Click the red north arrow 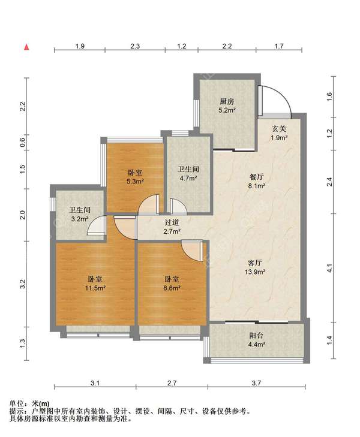[26, 47]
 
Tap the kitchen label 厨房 [227, 102]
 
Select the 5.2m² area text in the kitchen [227, 110]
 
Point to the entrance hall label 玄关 [279, 129]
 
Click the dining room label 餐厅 [256, 177]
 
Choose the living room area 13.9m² [255, 272]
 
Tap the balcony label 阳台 [256, 336]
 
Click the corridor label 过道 [172, 222]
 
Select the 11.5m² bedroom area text [95, 288]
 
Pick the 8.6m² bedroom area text [172, 288]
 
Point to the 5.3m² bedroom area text [135, 182]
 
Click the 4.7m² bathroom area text [188, 178]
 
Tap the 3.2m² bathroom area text [80, 219]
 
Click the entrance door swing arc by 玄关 [281, 95]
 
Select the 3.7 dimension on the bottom [256, 382]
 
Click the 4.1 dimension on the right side [329, 268]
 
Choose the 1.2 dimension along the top [182, 46]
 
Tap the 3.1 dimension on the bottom [95, 382]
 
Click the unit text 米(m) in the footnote [41, 403]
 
